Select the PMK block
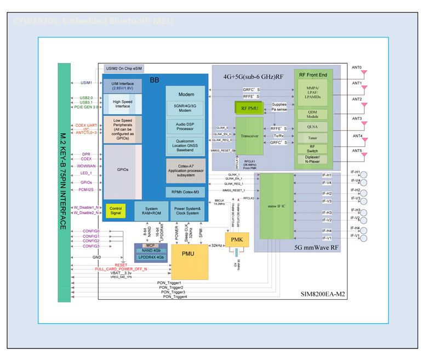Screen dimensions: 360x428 pos(237,240)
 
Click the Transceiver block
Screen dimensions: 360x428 pos(250,135)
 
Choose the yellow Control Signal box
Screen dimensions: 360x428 pos(116,210)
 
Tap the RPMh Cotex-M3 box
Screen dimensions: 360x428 pos(186,191)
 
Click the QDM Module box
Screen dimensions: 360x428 pos(313,114)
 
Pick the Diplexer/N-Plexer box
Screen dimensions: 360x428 pos(313,159)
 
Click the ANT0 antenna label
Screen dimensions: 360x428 pos(357,67)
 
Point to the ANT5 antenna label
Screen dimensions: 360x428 pos(357,151)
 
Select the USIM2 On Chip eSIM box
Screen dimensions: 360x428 pos(124,68)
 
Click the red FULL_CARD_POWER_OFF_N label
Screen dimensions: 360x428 pos(121,269)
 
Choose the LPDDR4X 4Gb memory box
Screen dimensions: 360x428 pos(151,256)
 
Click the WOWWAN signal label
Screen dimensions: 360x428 pos(86,165)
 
